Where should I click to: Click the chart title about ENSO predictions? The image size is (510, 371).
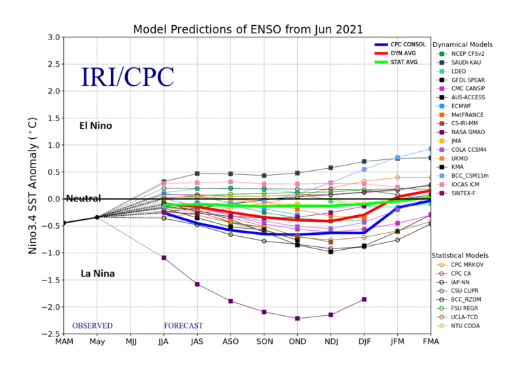tap(248, 29)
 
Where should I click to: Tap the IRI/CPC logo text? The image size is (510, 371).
tap(127, 77)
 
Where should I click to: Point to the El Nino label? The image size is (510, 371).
tap(96, 126)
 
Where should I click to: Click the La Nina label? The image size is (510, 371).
tap(97, 274)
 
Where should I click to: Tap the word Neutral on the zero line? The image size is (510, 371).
tap(83, 199)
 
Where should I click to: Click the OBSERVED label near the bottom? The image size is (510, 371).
tap(92, 326)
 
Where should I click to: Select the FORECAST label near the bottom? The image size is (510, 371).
tap(184, 326)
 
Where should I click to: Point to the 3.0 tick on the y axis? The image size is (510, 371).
tap(52, 37)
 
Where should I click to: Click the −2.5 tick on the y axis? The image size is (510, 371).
tap(49, 334)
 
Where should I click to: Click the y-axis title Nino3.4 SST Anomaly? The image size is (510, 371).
tap(32, 184)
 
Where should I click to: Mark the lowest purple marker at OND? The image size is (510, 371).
tap(297, 318)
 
